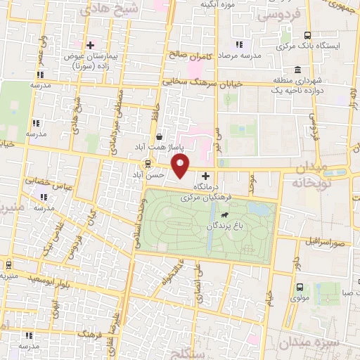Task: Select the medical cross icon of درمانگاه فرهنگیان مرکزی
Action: pyautogui.click(x=205, y=176)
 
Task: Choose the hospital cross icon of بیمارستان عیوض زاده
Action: pyautogui.click(x=89, y=44)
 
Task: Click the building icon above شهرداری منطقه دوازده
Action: pyautogui.click(x=299, y=70)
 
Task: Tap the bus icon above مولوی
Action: pyautogui.click(x=300, y=287)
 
